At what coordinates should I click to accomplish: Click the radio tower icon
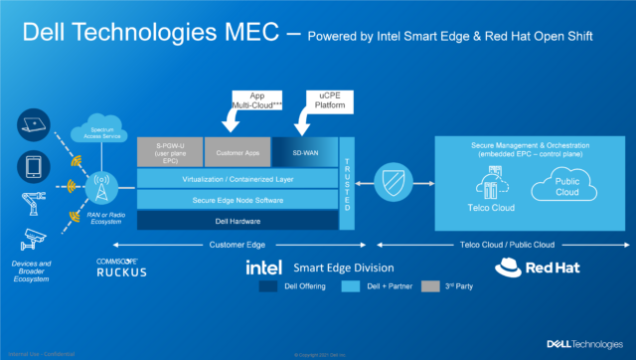(103, 185)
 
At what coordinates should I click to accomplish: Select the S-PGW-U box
(168, 153)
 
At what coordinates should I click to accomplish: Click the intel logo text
(265, 268)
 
